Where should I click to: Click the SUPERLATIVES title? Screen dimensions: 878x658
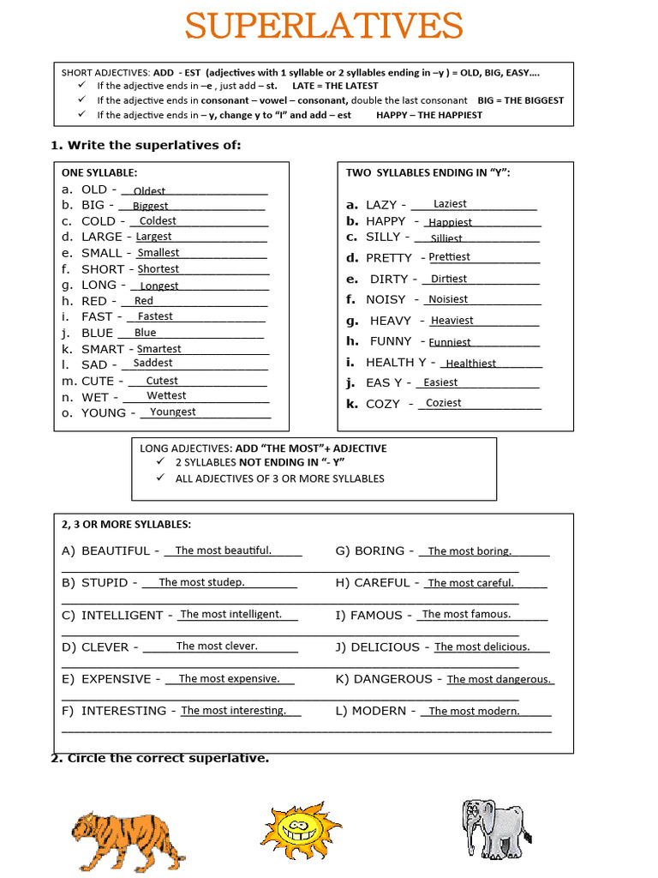(324, 26)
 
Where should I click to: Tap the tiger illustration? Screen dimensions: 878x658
(127, 839)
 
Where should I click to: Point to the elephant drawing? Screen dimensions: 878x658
(495, 828)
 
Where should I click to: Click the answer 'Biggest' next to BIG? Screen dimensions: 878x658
(150, 206)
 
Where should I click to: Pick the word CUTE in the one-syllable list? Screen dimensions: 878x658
(98, 381)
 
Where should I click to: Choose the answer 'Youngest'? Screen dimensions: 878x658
(172, 412)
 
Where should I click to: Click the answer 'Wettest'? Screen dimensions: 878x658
(166, 395)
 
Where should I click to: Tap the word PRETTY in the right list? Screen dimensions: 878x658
(389, 258)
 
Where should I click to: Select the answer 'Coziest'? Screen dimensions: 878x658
(443, 402)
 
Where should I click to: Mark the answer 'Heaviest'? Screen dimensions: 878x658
(452, 320)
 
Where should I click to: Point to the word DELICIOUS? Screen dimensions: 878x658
(385, 647)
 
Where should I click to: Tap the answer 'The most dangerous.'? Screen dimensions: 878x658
(499, 679)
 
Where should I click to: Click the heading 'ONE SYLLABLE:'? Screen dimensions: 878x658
(99, 172)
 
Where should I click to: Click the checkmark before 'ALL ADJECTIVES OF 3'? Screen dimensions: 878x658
(159, 478)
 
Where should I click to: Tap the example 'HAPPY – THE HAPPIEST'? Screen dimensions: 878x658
(428, 115)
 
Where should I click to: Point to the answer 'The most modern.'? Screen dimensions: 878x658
(474, 711)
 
